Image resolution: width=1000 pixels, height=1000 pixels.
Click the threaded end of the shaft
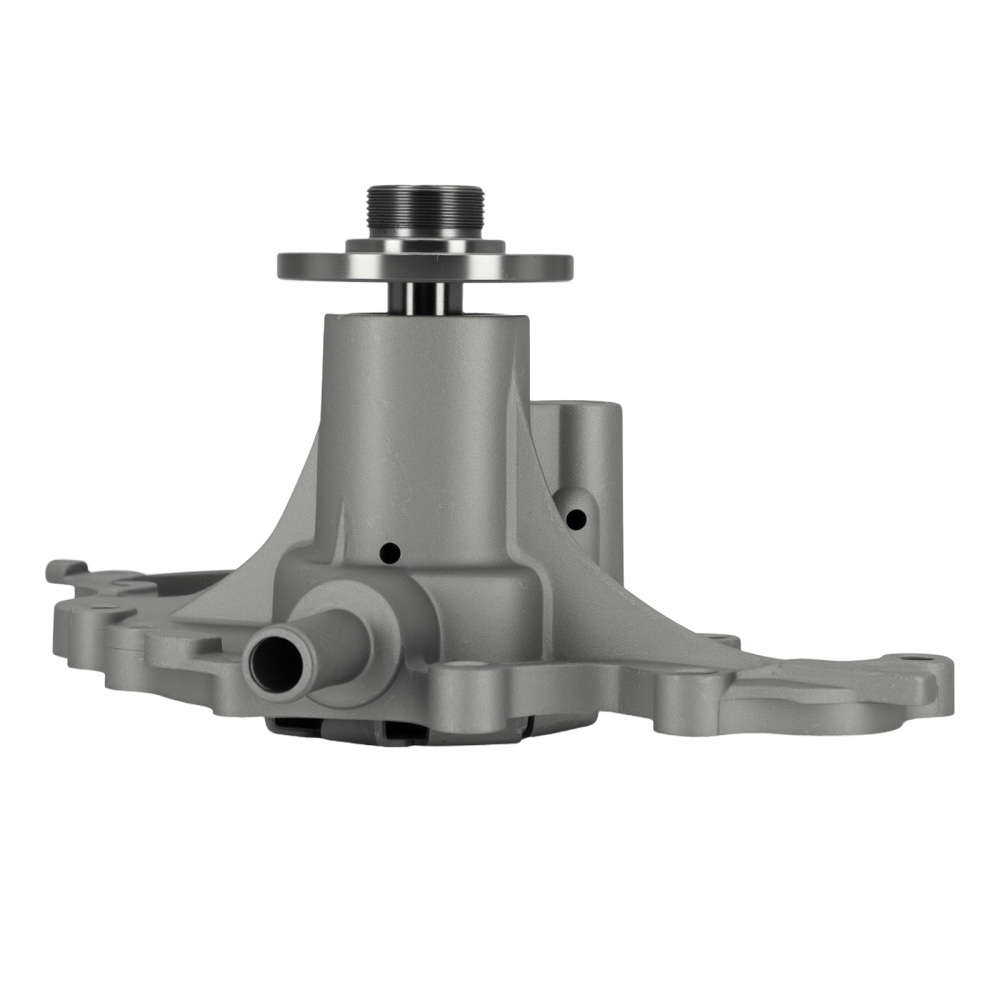(x=425, y=208)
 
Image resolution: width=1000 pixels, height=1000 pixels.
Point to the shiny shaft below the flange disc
(x=425, y=296)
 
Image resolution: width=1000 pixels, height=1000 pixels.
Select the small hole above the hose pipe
(x=390, y=551)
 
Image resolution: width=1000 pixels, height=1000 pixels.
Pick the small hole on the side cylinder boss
(x=575, y=519)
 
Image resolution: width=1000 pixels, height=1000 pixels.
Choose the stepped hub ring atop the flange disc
(x=425, y=244)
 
